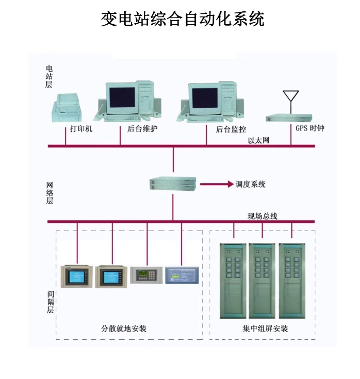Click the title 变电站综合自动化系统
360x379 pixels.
click(x=183, y=19)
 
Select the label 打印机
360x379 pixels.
click(x=81, y=128)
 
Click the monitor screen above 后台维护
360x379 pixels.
click(x=122, y=96)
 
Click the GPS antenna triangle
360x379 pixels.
click(x=291, y=96)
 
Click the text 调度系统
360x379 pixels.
click(x=251, y=184)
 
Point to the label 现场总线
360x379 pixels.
click(x=263, y=216)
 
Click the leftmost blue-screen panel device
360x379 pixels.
click(x=76, y=276)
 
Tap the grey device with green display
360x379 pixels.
click(x=146, y=275)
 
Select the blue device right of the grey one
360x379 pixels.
click(x=182, y=274)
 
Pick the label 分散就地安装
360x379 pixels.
click(x=124, y=328)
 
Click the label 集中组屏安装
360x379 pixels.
click(x=265, y=328)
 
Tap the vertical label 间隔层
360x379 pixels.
click(x=51, y=302)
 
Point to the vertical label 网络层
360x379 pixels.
click(x=50, y=193)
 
